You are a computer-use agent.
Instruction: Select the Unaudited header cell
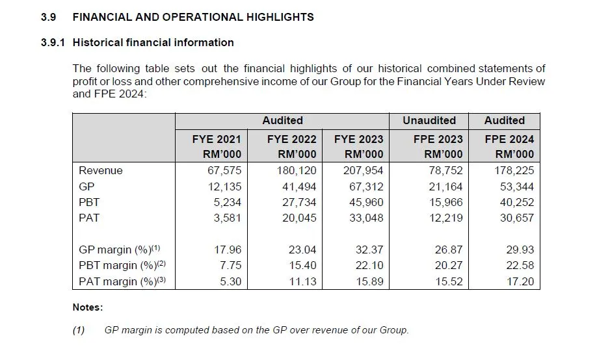pyautogui.click(x=429, y=120)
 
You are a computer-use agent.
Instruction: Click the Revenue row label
pyautogui.click(x=100, y=171)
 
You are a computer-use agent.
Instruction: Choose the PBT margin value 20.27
pyautogui.click(x=449, y=265)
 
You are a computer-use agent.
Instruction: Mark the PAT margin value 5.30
pyautogui.click(x=228, y=281)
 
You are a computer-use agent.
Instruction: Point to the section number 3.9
pyautogui.click(x=49, y=18)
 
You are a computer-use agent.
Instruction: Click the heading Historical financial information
pyautogui.click(x=153, y=43)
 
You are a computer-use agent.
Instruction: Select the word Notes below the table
pyautogui.click(x=87, y=307)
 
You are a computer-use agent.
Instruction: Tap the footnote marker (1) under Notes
pyautogui.click(x=79, y=330)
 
